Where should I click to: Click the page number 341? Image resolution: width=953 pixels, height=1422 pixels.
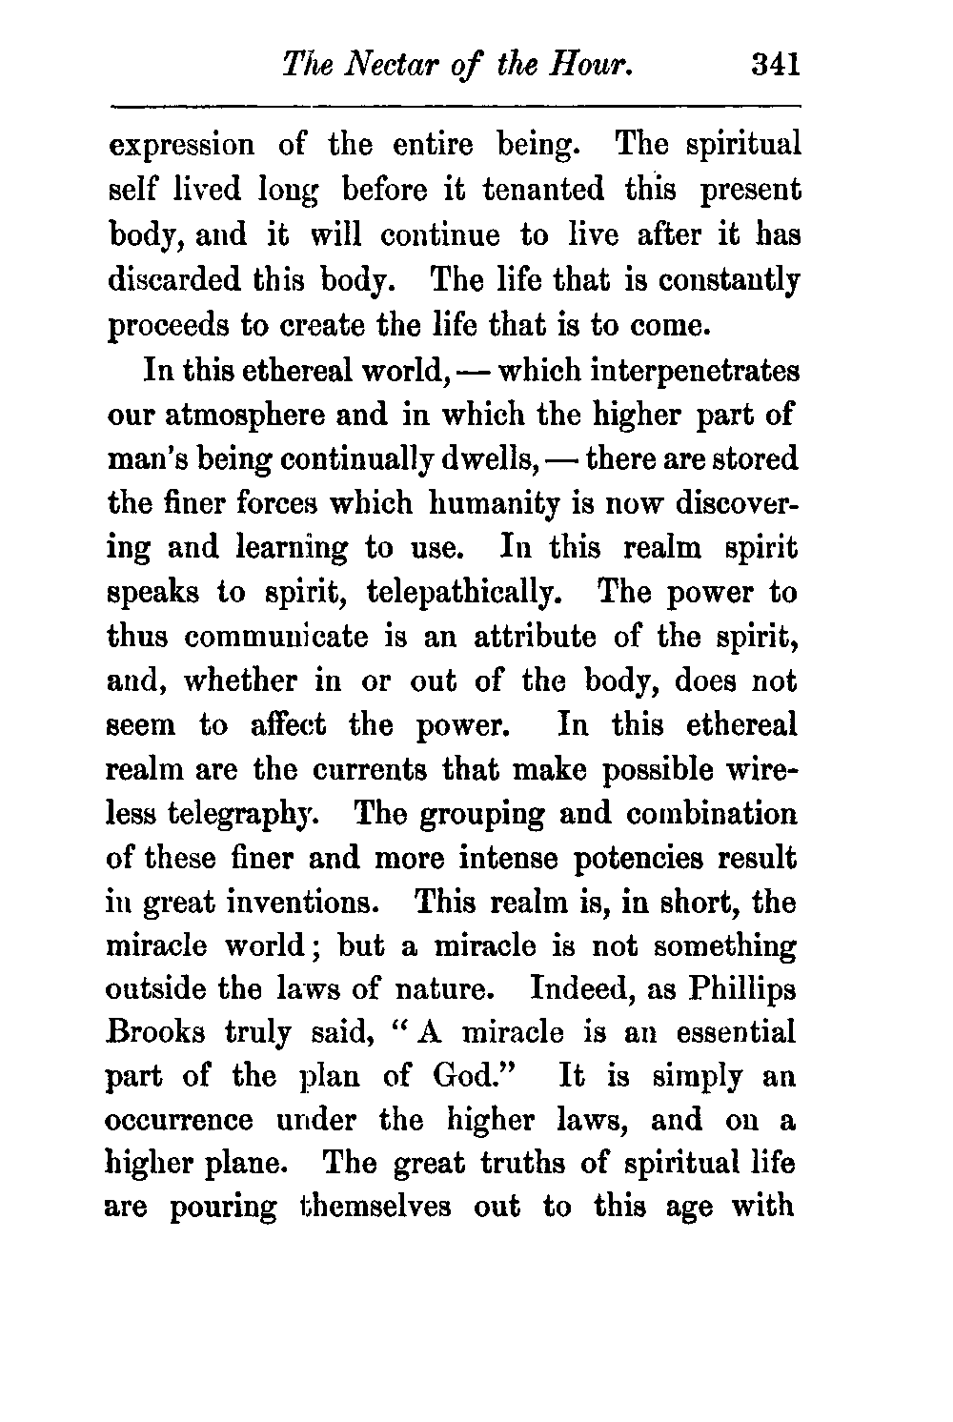(x=773, y=66)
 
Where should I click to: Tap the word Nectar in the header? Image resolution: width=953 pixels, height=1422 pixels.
(x=391, y=66)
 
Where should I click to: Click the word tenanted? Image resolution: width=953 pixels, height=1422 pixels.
(x=542, y=190)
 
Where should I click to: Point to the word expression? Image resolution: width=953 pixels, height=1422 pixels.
(x=183, y=146)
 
